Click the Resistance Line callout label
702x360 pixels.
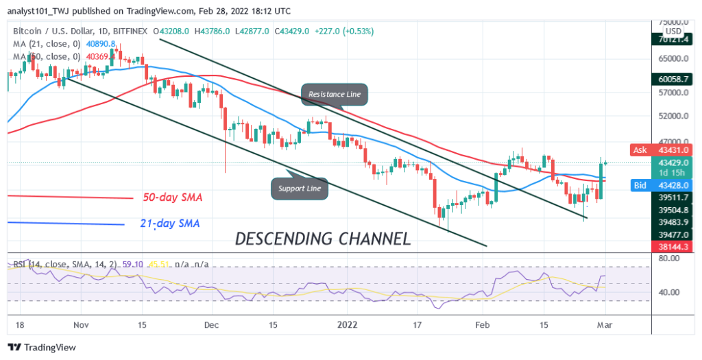334,93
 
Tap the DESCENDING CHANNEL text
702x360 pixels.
323,239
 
